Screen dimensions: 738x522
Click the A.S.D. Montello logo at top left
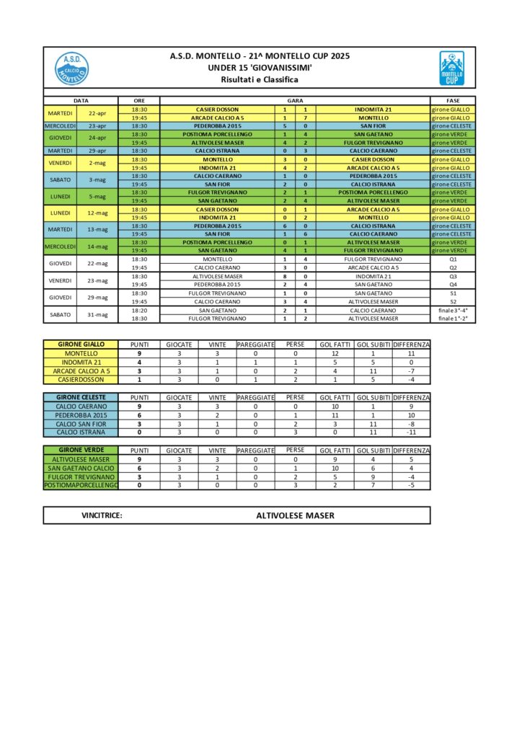pyautogui.click(x=71, y=68)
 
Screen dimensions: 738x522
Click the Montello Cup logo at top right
pyautogui.click(x=451, y=68)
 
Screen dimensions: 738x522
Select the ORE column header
pyautogui.click(x=138, y=100)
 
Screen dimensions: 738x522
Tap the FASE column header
pyautogui.click(x=451, y=100)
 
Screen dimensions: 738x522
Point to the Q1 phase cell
pyautogui.click(x=453, y=259)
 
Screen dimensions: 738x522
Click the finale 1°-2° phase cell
pyautogui.click(x=453, y=318)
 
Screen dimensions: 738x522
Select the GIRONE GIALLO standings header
pyautogui.click(x=81, y=344)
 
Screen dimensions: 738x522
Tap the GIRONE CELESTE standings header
pyautogui.click(x=81, y=397)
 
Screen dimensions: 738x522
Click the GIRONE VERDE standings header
pyautogui.click(x=81, y=450)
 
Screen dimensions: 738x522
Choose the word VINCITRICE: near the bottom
pyautogui.click(x=102, y=515)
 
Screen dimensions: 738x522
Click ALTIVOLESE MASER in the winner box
pyautogui.click(x=295, y=515)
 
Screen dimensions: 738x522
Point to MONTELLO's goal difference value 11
pyautogui.click(x=411, y=354)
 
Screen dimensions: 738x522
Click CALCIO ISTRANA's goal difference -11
pyautogui.click(x=411, y=432)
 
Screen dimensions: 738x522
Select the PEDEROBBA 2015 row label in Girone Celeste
pyautogui.click(x=81, y=415)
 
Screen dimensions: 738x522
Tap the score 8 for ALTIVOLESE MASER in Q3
pyautogui.click(x=284, y=276)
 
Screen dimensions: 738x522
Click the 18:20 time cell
pyautogui.click(x=139, y=310)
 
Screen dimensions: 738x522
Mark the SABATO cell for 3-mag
pyautogui.click(x=60, y=179)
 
